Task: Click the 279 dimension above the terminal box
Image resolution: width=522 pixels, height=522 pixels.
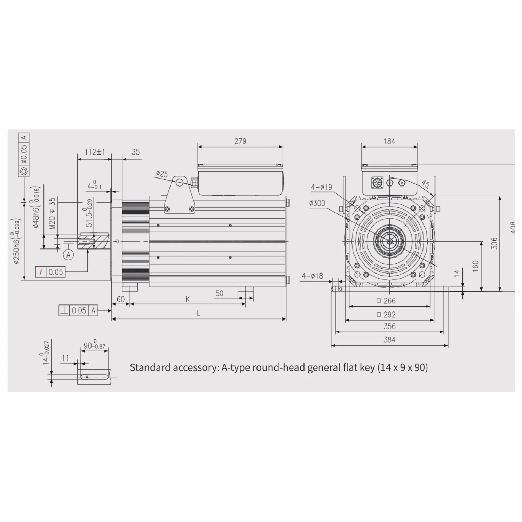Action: (x=240, y=141)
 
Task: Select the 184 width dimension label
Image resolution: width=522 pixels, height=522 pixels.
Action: (x=389, y=141)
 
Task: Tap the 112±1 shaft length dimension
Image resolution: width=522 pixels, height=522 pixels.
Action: (x=95, y=152)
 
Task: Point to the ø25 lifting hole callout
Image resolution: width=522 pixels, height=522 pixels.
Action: (x=162, y=173)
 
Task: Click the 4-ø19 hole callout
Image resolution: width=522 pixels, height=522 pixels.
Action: (x=322, y=187)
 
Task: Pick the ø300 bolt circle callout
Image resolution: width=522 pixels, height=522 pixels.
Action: (x=317, y=203)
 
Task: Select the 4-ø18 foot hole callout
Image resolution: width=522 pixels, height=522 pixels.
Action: (x=312, y=276)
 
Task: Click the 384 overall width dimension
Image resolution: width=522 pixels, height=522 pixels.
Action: (x=389, y=340)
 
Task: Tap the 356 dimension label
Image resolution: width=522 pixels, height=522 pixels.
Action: (x=389, y=326)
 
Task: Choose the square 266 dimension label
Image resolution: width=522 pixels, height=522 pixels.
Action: (x=386, y=301)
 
